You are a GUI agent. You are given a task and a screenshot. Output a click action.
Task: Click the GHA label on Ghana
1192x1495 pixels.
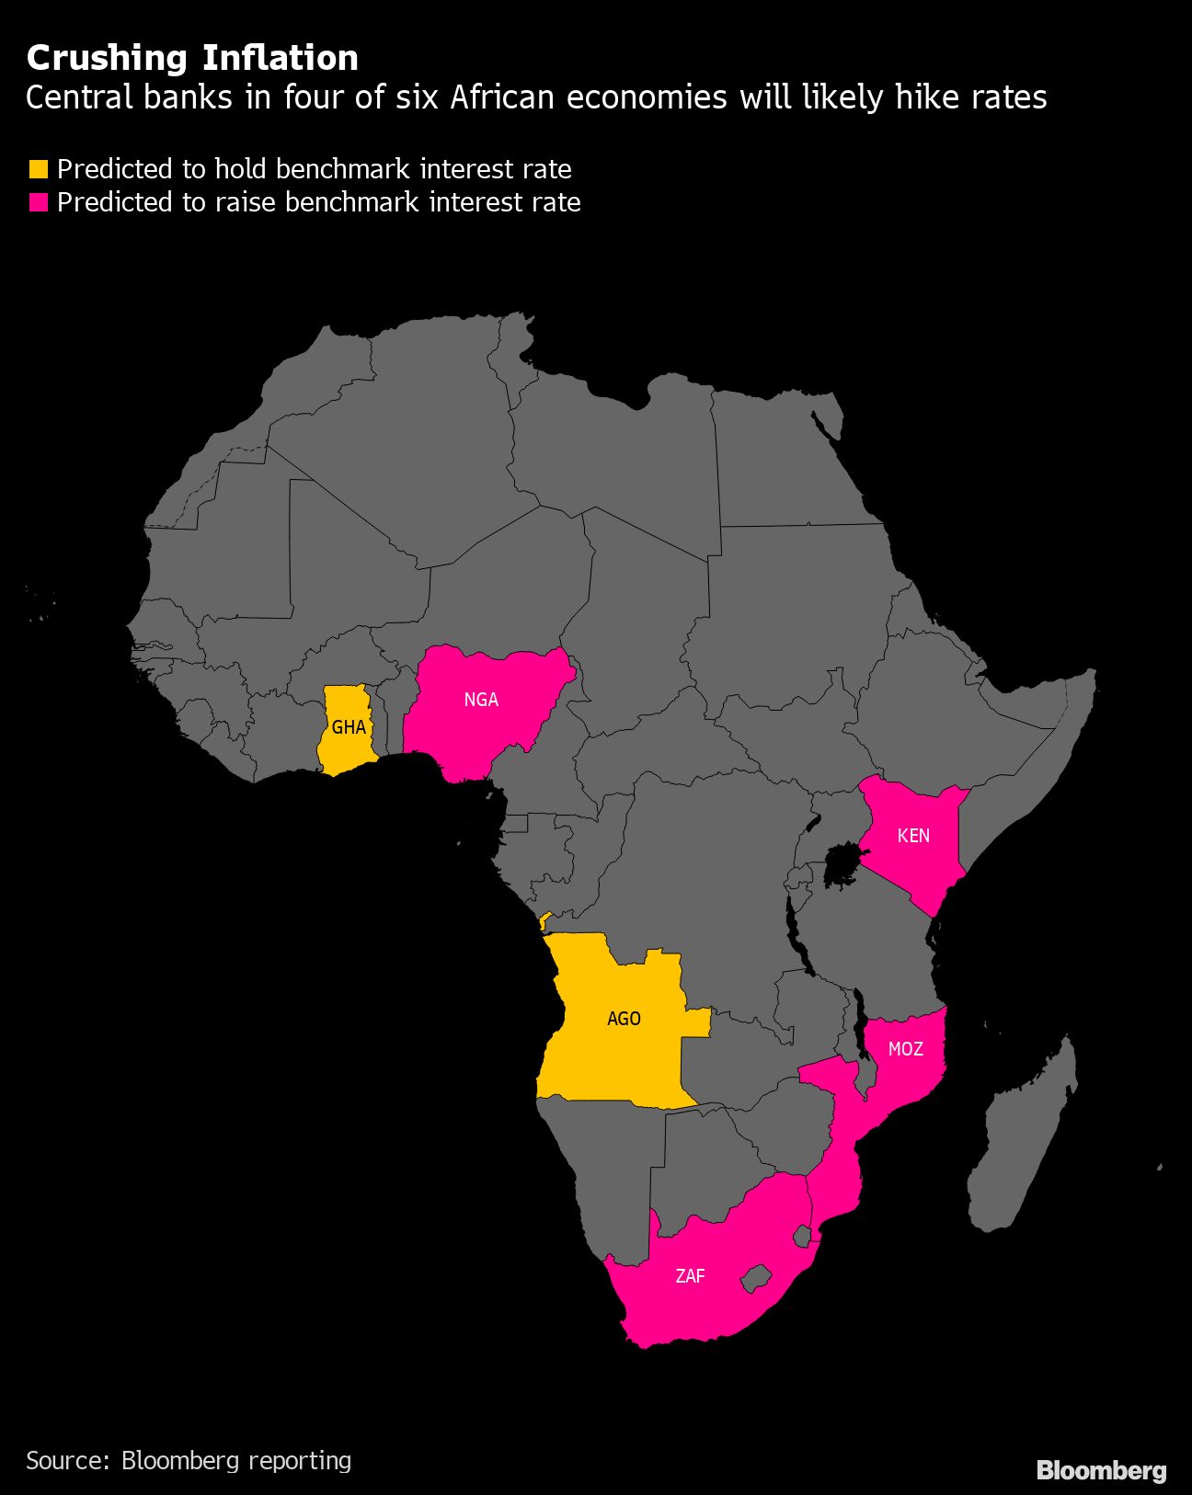[x=349, y=728]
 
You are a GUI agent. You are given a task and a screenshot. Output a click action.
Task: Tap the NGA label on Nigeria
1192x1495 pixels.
[x=481, y=700]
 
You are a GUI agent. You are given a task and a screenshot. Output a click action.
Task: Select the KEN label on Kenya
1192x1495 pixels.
[x=913, y=836]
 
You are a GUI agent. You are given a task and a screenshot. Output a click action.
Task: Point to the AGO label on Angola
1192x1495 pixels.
[x=624, y=1019]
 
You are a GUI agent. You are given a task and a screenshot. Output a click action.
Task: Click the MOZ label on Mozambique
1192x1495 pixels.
[x=905, y=1049]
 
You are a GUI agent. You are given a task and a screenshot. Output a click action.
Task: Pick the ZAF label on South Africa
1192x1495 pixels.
[x=690, y=1276]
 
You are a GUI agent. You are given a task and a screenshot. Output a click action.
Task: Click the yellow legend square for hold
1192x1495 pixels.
[x=39, y=169]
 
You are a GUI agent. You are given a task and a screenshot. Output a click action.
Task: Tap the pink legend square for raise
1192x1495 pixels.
[x=39, y=202]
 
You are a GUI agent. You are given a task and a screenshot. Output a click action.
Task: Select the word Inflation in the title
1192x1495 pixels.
[x=281, y=59]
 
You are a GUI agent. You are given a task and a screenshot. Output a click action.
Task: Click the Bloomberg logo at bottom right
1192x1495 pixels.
[x=1101, y=1470]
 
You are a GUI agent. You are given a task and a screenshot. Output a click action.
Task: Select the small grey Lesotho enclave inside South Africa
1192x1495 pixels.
[x=756, y=1278]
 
